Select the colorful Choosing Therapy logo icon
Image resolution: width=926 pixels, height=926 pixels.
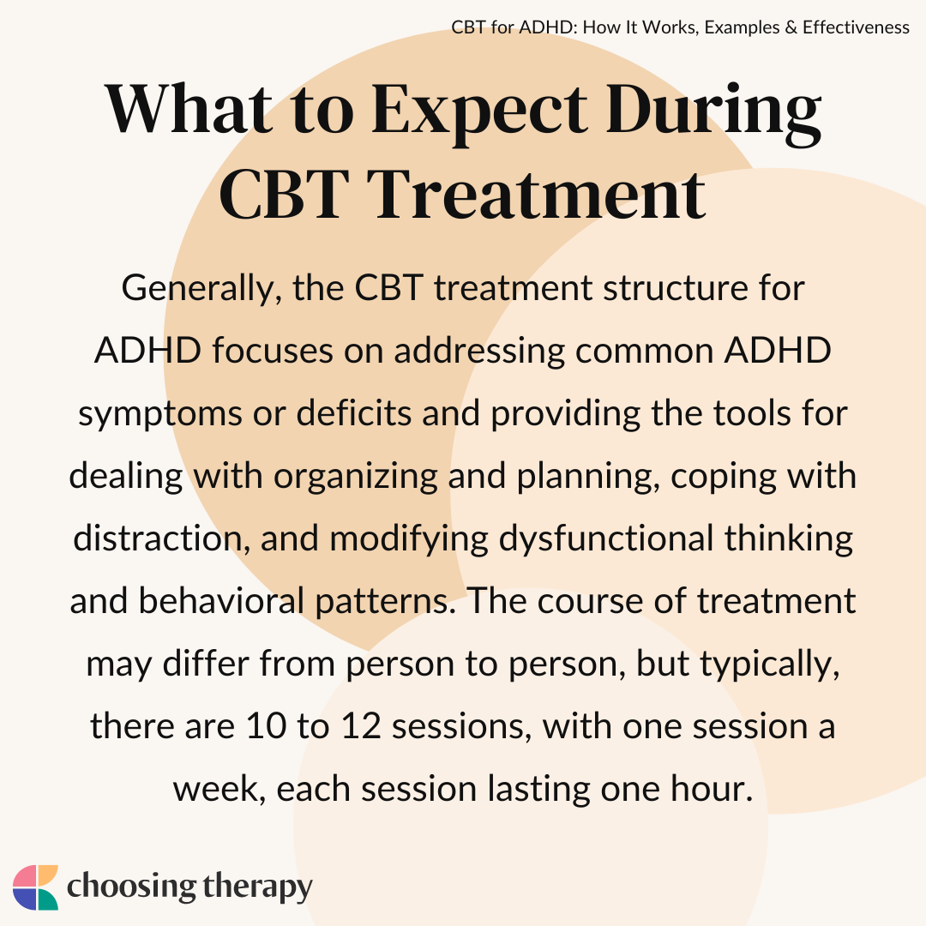point(35,887)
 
